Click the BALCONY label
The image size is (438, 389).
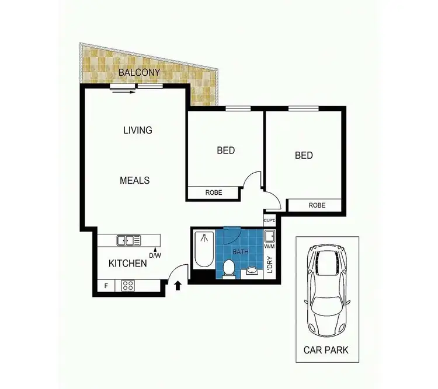(x=139, y=73)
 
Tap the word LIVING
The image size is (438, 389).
(x=138, y=130)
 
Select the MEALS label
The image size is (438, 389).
(x=135, y=180)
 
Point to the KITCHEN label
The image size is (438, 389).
(x=128, y=263)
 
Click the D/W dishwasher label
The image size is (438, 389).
(x=155, y=254)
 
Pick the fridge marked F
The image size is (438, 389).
(x=106, y=286)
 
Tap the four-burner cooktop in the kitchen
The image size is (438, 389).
(x=128, y=286)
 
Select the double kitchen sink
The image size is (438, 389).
(x=128, y=240)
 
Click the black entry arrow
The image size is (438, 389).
(x=178, y=285)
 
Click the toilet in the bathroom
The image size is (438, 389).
(x=230, y=269)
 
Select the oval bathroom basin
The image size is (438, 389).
(x=252, y=271)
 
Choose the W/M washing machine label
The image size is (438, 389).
(x=269, y=246)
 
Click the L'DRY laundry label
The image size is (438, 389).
(x=270, y=265)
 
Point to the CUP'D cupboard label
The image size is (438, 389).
(x=270, y=220)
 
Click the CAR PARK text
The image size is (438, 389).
(x=326, y=351)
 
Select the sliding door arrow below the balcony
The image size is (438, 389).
(x=124, y=91)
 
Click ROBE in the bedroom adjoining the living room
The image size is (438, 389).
(x=213, y=192)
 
